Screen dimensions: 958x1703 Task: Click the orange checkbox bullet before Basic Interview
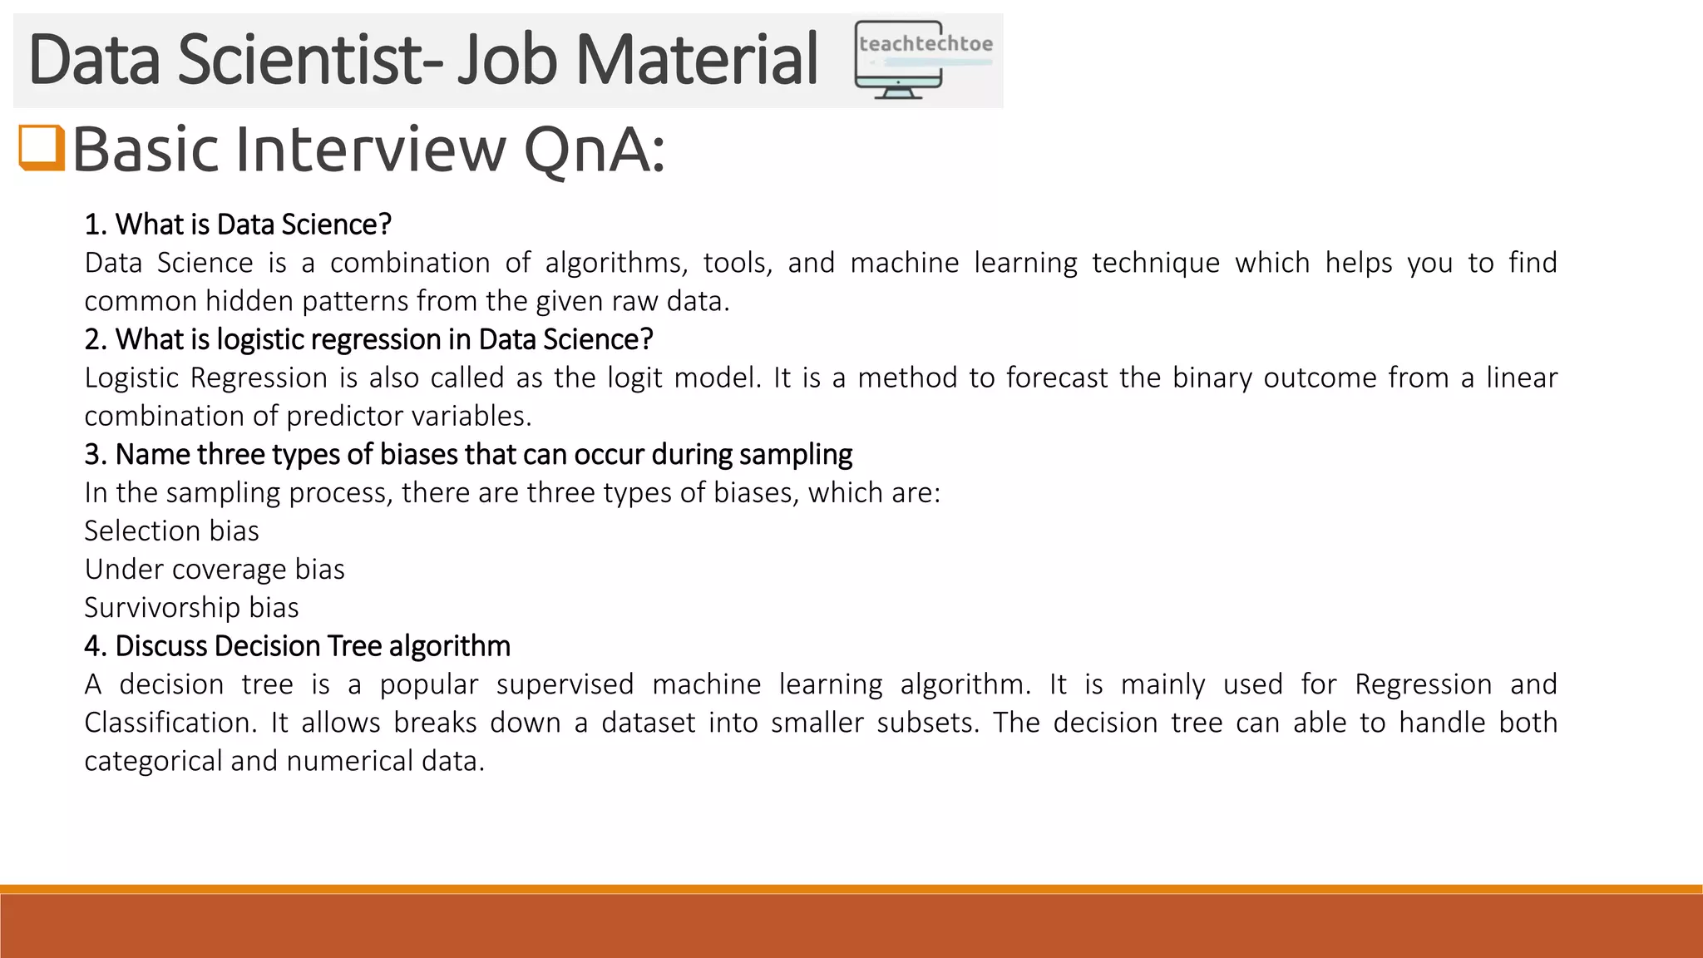pyautogui.click(x=42, y=147)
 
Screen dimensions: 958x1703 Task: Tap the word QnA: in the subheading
pyautogui.click(x=594, y=150)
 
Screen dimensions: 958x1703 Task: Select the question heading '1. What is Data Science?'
pyautogui.click(x=238, y=225)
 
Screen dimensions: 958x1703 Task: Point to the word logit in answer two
pyautogui.click(x=634, y=378)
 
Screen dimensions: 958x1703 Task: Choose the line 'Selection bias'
pyautogui.click(x=171, y=531)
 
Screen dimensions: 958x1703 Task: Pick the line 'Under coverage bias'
pyautogui.click(x=214, y=569)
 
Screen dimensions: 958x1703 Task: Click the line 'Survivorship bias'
pyautogui.click(x=191, y=607)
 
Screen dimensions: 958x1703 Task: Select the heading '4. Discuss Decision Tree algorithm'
pyautogui.click(x=297, y=646)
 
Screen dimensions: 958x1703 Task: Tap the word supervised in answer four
pyautogui.click(x=565, y=684)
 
